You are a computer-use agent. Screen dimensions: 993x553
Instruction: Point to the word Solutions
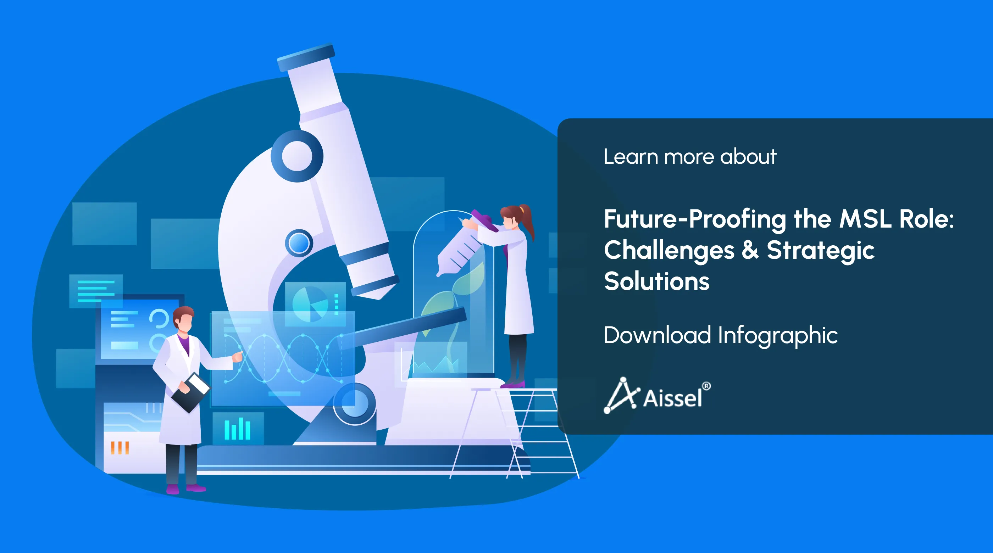pyautogui.click(x=657, y=281)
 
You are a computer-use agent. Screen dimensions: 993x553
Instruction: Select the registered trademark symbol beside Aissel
pyautogui.click(x=706, y=386)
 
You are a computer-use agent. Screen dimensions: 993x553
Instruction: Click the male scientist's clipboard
pyautogui.click(x=191, y=392)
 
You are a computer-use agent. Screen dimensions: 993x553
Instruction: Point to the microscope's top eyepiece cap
pyautogui.click(x=306, y=57)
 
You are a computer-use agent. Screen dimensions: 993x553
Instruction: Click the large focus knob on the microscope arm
pyautogui.click(x=297, y=156)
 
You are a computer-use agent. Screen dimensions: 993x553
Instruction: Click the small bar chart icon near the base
pyautogui.click(x=238, y=429)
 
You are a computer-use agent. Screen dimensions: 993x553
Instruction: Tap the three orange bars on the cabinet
pyautogui.click(x=120, y=448)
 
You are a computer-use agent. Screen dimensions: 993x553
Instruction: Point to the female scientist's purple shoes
pyautogui.click(x=513, y=384)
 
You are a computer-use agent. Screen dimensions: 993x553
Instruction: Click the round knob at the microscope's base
pyautogui.click(x=355, y=403)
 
